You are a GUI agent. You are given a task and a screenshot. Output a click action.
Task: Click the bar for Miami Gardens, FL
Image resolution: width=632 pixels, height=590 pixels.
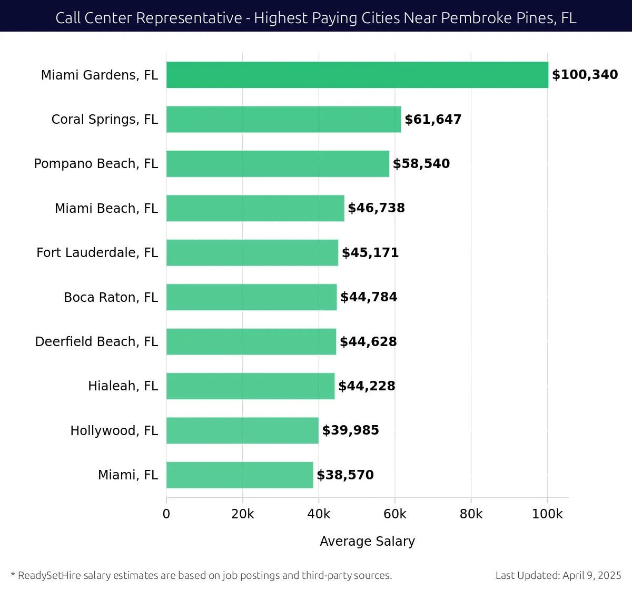[357, 75]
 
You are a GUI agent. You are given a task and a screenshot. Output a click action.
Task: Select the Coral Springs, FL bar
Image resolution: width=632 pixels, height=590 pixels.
[283, 119]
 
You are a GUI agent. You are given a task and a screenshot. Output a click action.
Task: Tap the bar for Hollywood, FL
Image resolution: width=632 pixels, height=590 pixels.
[242, 430]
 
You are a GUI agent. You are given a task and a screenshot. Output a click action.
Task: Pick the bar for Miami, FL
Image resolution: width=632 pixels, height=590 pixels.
[240, 475]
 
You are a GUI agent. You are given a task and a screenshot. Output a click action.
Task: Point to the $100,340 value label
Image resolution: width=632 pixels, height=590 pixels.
[585, 75]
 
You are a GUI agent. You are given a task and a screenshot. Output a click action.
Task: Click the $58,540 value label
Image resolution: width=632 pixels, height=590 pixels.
[421, 164]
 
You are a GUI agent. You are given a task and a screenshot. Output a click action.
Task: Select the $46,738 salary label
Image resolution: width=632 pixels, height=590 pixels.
[376, 208]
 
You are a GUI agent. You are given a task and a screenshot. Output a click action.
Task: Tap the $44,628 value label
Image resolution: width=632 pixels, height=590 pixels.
[368, 342]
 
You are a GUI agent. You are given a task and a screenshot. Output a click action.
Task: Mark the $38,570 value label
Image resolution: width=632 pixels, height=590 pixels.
[345, 475]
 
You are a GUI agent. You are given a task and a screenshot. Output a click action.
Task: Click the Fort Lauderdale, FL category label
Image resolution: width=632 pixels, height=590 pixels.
[97, 253]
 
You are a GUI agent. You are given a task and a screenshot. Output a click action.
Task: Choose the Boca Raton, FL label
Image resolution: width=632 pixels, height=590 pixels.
[111, 298]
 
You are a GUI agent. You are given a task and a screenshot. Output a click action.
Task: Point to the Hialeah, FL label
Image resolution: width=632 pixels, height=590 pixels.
[123, 386]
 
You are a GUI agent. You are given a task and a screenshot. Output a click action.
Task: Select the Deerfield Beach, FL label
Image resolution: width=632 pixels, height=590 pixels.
[96, 342]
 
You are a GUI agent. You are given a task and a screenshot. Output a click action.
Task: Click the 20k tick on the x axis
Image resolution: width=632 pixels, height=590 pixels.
[242, 514]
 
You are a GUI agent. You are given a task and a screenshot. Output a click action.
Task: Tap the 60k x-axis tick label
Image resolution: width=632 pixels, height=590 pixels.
[395, 514]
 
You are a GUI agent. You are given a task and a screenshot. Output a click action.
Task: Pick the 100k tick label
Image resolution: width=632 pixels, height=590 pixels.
[547, 514]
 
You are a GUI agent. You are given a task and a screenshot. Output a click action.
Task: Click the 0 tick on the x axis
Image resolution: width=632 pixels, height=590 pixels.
[166, 514]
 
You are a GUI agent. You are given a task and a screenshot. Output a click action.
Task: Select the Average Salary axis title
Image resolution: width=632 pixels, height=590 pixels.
[367, 542]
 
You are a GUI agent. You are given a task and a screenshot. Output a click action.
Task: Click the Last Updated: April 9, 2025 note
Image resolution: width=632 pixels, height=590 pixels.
[558, 575]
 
